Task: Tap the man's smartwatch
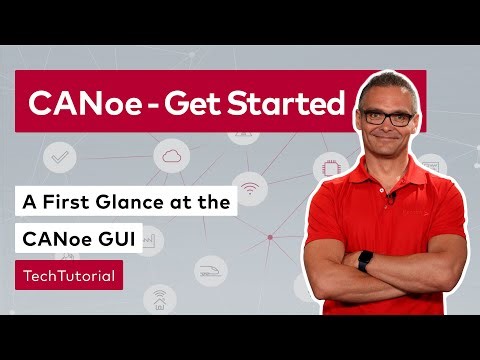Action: (365, 262)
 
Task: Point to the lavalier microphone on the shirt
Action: (391, 197)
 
